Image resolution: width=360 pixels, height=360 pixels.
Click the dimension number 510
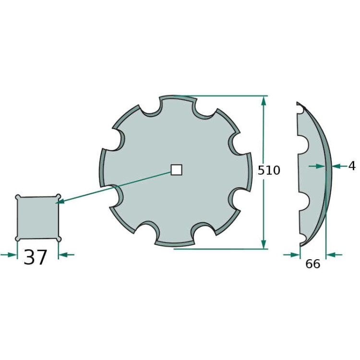pyautogui.click(x=269, y=170)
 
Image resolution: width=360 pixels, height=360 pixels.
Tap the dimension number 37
pyautogui.click(x=36, y=257)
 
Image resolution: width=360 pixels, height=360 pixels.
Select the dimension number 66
pyautogui.click(x=312, y=264)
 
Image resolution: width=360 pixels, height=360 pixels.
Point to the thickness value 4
pyautogui.click(x=352, y=166)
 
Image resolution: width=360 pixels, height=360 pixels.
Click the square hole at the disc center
pyautogui.click(x=177, y=169)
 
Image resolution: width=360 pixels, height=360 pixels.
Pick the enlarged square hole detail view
pyautogui.click(x=38, y=217)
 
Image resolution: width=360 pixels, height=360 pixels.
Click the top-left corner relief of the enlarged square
pyautogui.click(x=18, y=197)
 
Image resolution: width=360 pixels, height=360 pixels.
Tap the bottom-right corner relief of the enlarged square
pyautogui.click(x=59, y=239)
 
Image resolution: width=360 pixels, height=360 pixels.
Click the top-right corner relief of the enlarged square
pyautogui.click(x=58, y=196)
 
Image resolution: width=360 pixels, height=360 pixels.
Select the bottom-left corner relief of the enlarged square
pyautogui.click(x=18, y=239)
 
